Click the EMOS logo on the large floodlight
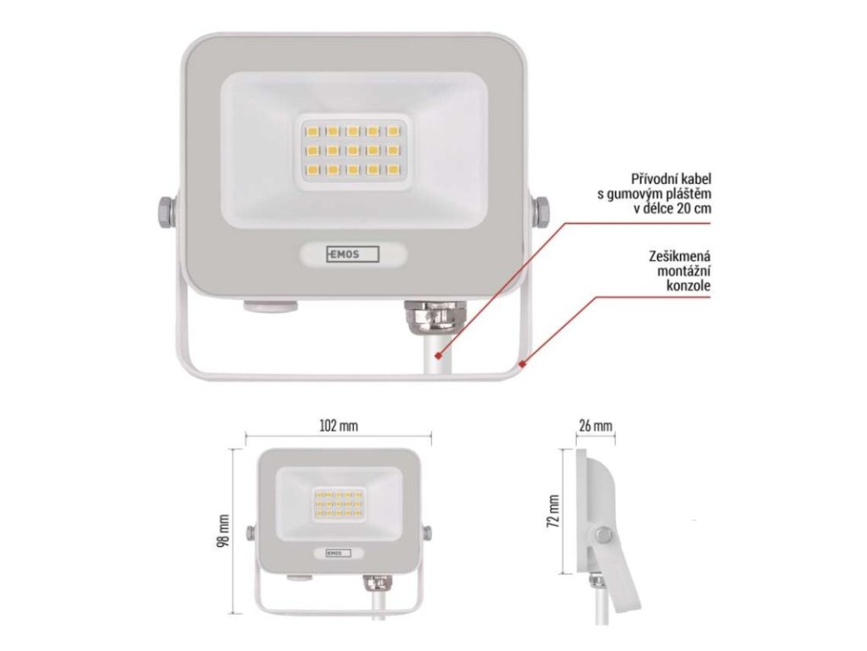(354, 253)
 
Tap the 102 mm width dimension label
(338, 426)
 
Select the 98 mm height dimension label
(224, 531)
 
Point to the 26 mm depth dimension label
(595, 426)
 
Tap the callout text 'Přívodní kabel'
(671, 180)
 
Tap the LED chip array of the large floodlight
(351, 150)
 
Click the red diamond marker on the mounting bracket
(524, 365)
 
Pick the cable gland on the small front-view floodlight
(373, 584)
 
